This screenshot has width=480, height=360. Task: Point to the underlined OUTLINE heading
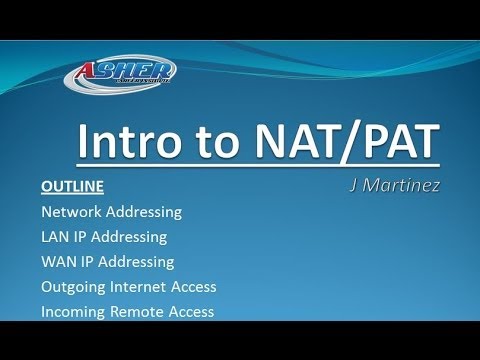pos(72,187)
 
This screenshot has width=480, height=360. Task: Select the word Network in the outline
pos(69,212)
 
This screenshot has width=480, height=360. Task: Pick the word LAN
pos(55,237)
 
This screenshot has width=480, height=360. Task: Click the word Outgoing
pos(72,287)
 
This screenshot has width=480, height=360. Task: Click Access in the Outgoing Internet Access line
pos(194,287)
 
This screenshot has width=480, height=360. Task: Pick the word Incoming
pos(72,312)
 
